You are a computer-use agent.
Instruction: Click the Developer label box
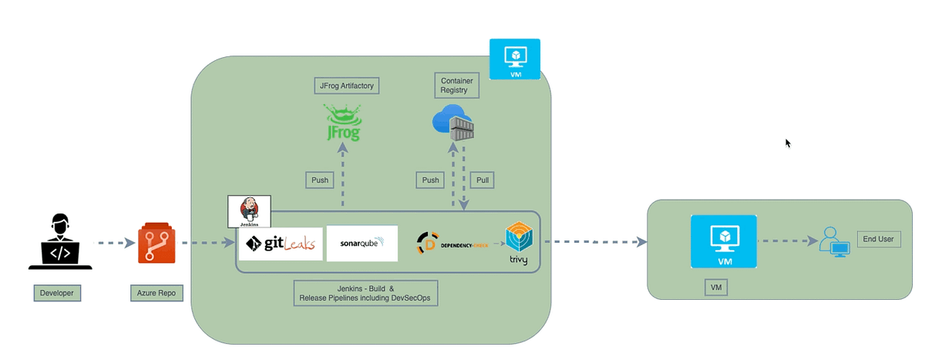tap(58, 293)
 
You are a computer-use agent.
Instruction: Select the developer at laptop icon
tap(60, 242)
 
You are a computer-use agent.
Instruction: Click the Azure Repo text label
tap(156, 293)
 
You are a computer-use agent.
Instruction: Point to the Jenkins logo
tap(250, 210)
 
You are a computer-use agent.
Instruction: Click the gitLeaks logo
tap(281, 244)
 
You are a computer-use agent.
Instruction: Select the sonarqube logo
tap(362, 244)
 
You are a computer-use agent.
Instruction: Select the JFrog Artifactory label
tap(347, 86)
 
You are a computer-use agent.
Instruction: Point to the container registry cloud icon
tap(452, 125)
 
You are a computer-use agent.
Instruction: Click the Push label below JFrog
tap(319, 180)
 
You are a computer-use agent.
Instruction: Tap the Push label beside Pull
tap(429, 180)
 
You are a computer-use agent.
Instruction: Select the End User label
tap(878, 239)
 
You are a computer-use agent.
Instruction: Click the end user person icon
tap(834, 241)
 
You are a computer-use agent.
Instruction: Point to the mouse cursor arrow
tap(788, 143)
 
